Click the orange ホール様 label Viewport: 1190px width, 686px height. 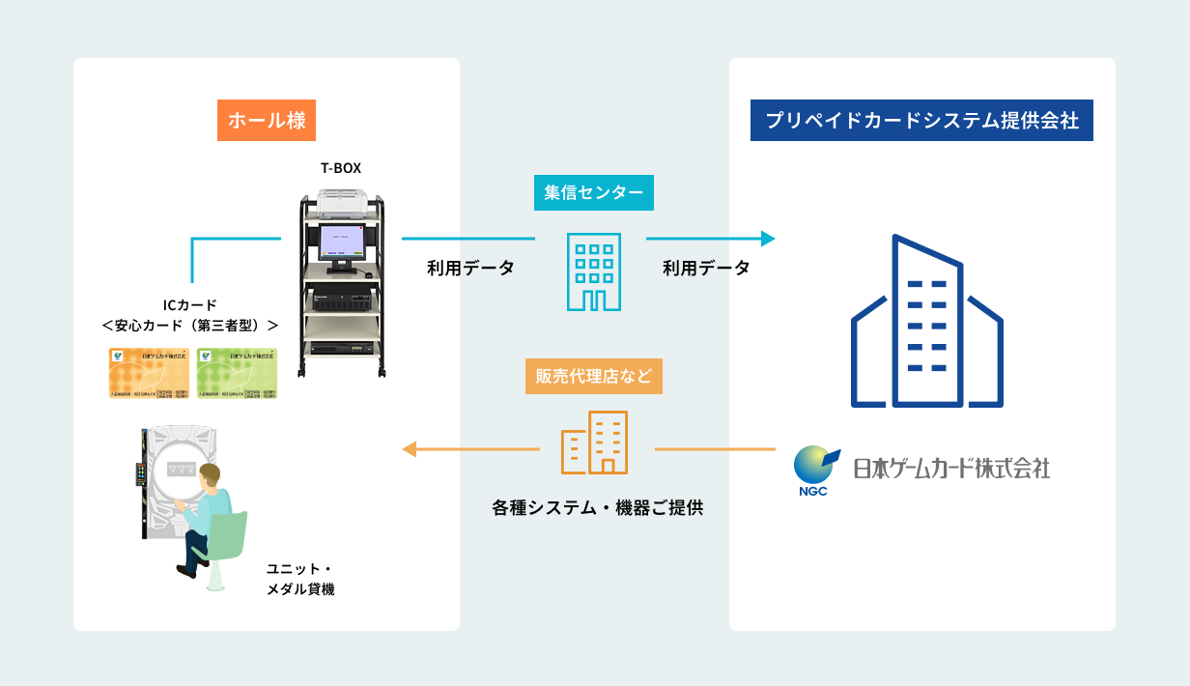(267, 121)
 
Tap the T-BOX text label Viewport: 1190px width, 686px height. (341, 167)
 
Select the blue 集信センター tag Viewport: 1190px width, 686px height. (593, 193)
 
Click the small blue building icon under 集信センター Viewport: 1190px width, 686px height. (593, 272)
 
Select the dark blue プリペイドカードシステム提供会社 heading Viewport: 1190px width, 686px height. (921, 121)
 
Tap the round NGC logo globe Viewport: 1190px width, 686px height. (811, 465)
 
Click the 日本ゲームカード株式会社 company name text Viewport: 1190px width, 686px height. (950, 469)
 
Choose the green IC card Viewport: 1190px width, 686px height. (237, 374)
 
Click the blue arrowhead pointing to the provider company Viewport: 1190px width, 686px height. (768, 239)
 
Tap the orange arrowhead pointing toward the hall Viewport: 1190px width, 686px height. (410, 449)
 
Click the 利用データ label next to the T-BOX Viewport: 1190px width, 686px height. (470, 269)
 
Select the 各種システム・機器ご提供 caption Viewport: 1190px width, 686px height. (597, 506)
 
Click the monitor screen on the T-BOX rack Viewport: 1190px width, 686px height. (340, 240)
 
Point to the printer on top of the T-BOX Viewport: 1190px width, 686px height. (341, 201)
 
